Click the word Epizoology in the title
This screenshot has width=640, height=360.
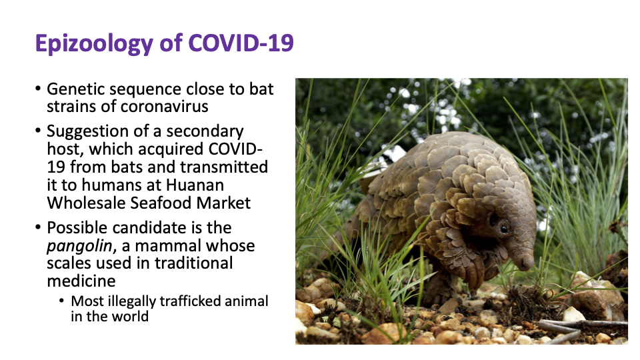click(x=94, y=43)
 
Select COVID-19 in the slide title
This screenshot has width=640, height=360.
click(x=241, y=43)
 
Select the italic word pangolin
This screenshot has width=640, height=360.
click(x=79, y=246)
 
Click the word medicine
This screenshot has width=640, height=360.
click(x=81, y=281)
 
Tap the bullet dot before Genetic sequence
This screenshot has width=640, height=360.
click(x=38, y=89)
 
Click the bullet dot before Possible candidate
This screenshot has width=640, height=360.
click(x=38, y=227)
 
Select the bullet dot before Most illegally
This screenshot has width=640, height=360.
click(x=61, y=301)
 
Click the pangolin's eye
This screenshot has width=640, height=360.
click(x=504, y=229)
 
